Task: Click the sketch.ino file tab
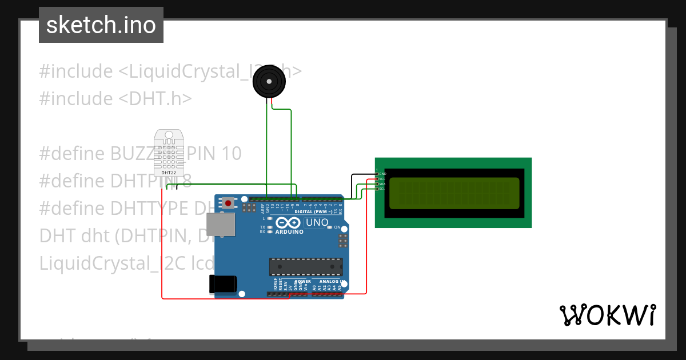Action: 101,25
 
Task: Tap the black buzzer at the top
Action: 269,82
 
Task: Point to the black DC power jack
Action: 222,283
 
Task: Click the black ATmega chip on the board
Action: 306,267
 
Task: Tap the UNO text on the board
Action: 317,222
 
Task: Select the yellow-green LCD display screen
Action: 454,193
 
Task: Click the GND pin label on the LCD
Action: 383,174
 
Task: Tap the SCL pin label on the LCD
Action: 382,189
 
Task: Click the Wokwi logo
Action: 607,315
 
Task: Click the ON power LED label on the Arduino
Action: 337,227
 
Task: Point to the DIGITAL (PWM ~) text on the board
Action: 313,211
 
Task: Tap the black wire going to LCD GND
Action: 360,174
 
